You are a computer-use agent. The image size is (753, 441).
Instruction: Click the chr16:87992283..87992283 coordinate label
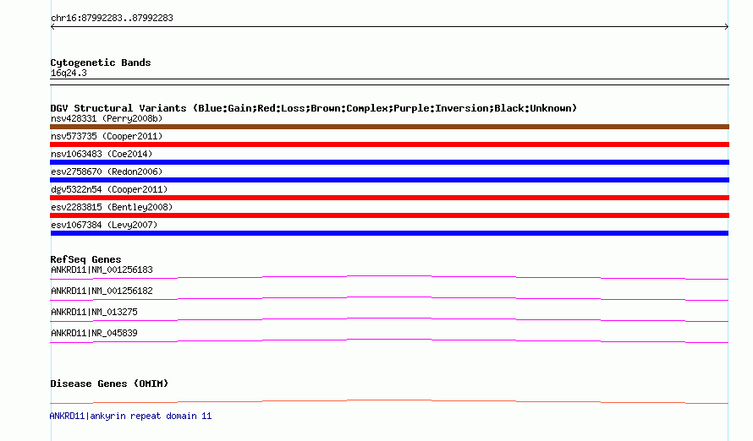click(x=112, y=19)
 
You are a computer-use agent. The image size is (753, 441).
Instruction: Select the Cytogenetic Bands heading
click(x=101, y=63)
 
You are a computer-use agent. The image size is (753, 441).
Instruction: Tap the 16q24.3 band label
click(x=69, y=73)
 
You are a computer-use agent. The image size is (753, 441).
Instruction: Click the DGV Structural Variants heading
click(x=314, y=108)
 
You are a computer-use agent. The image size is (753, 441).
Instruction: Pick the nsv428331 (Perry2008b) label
click(x=107, y=118)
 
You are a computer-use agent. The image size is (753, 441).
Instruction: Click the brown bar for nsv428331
click(x=389, y=127)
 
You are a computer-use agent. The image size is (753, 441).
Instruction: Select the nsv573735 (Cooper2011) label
click(x=107, y=136)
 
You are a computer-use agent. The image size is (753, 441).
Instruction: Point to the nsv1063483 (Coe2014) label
click(x=102, y=154)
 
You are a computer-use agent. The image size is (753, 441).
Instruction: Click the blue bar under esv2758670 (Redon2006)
click(x=389, y=180)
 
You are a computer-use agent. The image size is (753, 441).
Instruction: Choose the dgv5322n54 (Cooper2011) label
click(x=109, y=189)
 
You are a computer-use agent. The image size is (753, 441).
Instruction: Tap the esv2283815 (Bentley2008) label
click(x=112, y=207)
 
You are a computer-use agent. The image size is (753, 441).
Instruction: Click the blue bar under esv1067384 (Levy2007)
click(x=389, y=233)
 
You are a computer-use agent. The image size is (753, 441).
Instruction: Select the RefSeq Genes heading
click(x=85, y=259)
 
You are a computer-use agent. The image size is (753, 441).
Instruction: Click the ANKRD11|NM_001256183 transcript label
click(x=102, y=269)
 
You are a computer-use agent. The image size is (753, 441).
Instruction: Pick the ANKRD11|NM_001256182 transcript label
click(x=102, y=291)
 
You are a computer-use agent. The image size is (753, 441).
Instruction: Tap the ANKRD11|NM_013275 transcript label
click(x=94, y=312)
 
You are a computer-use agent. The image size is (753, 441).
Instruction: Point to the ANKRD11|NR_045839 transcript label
click(x=94, y=333)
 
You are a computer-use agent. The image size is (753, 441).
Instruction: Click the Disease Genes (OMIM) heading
click(x=109, y=384)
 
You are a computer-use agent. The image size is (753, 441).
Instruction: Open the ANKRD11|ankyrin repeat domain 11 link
click(x=130, y=416)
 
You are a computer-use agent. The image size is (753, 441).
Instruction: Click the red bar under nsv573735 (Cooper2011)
click(x=389, y=144)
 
